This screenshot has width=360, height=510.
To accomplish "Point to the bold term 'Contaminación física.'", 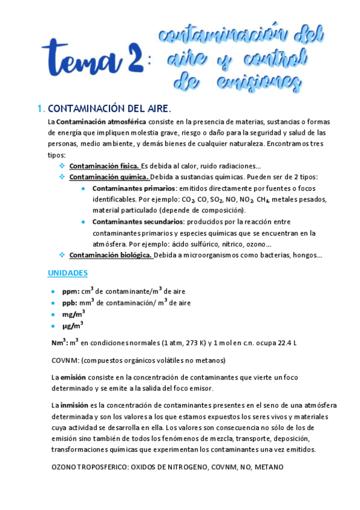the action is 105,166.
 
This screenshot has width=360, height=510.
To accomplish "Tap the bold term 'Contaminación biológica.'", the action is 111,255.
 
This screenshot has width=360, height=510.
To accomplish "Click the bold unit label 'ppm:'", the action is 71,292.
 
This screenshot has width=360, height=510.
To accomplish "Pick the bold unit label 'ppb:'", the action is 70,303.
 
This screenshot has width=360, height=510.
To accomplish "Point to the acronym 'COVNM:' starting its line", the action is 65,360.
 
